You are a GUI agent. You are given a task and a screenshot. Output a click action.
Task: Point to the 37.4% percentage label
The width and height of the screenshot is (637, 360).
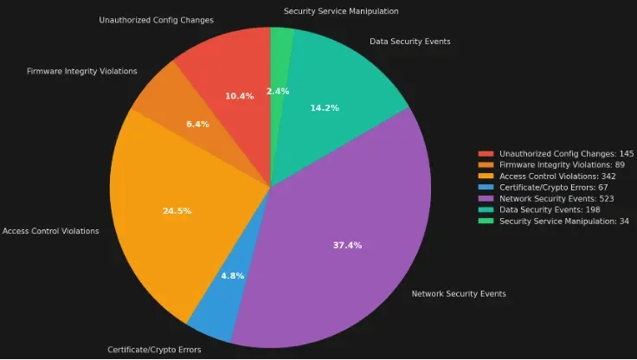[347, 245]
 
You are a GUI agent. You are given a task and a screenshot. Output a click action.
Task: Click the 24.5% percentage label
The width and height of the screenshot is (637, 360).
[177, 210]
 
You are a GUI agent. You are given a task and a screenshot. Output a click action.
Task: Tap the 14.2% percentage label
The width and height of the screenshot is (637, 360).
[325, 107]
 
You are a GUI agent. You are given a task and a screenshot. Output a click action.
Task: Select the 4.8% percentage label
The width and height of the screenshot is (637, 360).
[232, 275]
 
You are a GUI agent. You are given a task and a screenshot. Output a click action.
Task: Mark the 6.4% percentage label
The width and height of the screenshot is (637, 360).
[197, 125]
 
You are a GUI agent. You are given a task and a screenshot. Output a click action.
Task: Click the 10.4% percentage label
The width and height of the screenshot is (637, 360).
[239, 96]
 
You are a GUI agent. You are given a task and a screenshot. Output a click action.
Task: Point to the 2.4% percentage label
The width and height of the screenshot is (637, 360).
[278, 91]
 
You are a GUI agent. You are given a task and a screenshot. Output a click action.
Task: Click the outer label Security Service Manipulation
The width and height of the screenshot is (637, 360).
[341, 11]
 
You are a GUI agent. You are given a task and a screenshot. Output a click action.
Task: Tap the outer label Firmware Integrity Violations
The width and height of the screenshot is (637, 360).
[82, 71]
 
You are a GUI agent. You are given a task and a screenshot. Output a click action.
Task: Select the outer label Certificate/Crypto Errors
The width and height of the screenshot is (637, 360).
[154, 350]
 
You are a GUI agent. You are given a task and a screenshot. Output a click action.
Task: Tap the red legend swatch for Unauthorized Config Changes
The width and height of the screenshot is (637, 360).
[486, 153]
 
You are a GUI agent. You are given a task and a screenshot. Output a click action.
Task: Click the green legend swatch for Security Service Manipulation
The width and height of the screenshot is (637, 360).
[486, 221]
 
